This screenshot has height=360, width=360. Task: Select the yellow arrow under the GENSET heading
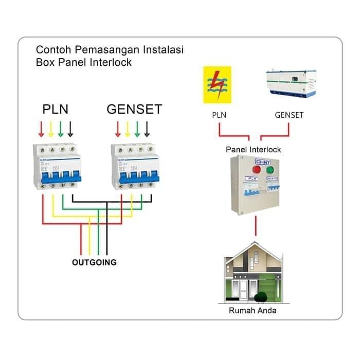[x=127, y=129]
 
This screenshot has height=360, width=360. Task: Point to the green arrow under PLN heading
[x=61, y=129]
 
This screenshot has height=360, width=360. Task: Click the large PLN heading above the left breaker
[x=55, y=109]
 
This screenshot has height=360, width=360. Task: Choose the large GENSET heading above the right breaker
[x=134, y=109]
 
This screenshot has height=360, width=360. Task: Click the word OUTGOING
[x=94, y=262]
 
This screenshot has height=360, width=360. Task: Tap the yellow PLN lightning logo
[x=217, y=84]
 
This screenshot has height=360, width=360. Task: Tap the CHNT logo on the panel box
[x=262, y=161]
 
